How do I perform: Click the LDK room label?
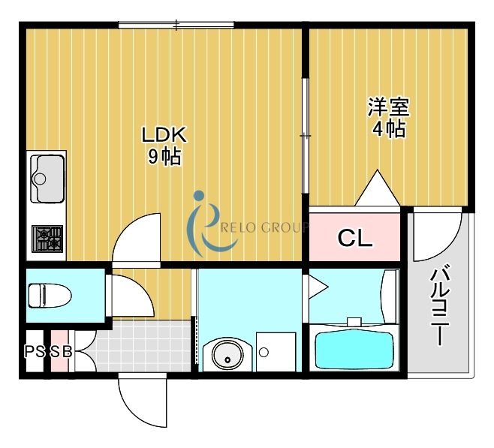(163, 135)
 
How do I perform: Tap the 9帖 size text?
(163, 157)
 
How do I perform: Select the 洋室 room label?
(388, 107)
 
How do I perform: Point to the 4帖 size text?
(388, 129)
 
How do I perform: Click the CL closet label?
(354, 239)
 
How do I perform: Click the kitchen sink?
(47, 179)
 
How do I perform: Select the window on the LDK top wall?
(176, 26)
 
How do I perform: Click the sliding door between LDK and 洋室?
(305, 135)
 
